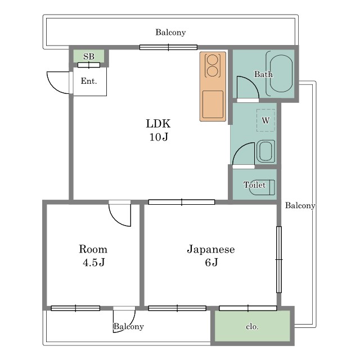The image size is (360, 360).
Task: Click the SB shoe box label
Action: click(x=89, y=56)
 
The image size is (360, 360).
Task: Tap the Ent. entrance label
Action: click(x=89, y=81)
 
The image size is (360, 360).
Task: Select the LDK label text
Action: click(x=158, y=124)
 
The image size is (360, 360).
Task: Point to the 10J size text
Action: click(x=159, y=137)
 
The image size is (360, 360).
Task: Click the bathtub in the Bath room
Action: click(x=281, y=74)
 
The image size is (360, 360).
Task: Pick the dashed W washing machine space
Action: click(x=265, y=120)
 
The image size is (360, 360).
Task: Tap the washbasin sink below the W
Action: click(x=265, y=151)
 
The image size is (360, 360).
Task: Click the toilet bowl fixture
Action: click(x=262, y=187)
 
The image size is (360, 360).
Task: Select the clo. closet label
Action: click(x=252, y=326)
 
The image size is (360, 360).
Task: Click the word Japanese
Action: click(x=211, y=250)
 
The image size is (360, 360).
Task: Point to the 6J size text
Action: click(x=211, y=262)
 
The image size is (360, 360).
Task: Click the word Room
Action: click(x=93, y=249)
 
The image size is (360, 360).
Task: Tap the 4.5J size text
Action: click(x=94, y=262)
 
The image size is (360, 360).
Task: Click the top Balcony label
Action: click(x=170, y=33)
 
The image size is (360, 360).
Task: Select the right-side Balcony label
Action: click(x=300, y=205)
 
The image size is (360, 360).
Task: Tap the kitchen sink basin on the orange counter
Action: click(x=213, y=105)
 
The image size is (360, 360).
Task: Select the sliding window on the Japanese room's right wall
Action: click(x=279, y=259)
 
